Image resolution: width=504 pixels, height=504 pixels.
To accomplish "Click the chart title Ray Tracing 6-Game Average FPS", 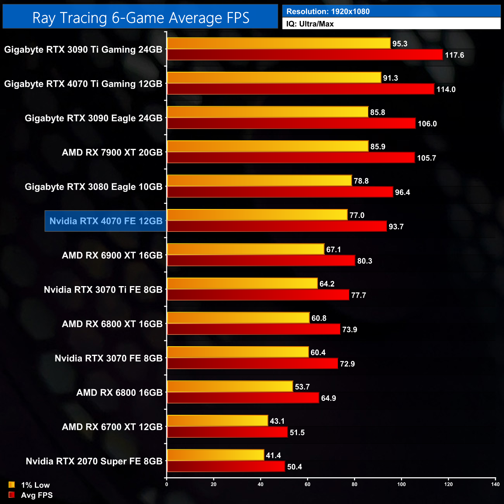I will (x=140, y=18).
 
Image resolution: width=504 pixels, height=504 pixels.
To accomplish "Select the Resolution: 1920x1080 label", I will (x=328, y=12).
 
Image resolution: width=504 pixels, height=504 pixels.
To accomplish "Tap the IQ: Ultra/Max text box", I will (x=310, y=24).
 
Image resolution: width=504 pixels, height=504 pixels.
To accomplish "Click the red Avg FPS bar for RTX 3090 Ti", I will (x=305, y=55).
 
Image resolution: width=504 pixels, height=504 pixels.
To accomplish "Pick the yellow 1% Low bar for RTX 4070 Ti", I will (x=274, y=78).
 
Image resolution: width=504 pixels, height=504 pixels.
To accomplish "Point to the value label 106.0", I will (x=427, y=124).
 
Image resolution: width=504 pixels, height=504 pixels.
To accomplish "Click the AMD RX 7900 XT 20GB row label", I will (x=112, y=152).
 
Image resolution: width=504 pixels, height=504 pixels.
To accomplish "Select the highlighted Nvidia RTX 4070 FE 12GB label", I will (x=106, y=221).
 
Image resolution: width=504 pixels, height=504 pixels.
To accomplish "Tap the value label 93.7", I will (x=396, y=227).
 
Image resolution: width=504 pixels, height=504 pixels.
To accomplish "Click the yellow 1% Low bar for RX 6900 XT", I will (x=245, y=249).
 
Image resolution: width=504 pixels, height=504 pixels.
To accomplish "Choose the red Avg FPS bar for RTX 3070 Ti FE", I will (x=258, y=295).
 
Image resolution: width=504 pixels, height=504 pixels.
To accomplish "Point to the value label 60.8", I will (x=319, y=318).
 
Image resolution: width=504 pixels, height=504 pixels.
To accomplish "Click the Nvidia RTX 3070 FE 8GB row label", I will (x=109, y=358).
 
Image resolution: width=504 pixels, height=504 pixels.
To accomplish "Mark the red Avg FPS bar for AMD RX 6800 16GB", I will (x=243, y=398).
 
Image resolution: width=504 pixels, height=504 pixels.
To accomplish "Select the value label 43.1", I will (x=277, y=421).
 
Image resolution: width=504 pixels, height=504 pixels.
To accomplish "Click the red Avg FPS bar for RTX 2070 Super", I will (x=226, y=466).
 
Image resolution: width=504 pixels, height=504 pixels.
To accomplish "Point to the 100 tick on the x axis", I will (x=401, y=484).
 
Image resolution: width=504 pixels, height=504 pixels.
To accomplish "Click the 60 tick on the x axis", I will (x=307, y=484).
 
